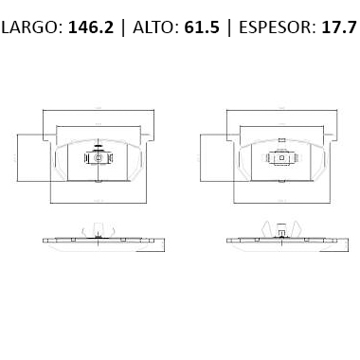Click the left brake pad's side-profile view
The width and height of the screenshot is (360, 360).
click(99, 240)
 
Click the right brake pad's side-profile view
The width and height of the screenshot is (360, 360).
click(280, 240)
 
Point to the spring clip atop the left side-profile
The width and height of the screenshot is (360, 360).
click(99, 227)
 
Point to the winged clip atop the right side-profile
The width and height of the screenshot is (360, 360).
click(280, 228)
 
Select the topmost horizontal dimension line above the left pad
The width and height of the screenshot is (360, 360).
click(99, 113)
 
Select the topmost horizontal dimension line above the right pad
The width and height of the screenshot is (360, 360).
click(280, 113)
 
